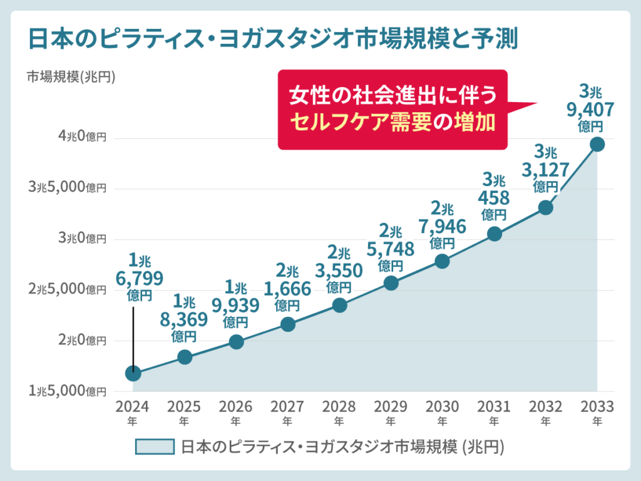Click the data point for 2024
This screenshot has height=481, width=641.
pos(133,373)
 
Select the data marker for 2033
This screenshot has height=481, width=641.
pos(597,145)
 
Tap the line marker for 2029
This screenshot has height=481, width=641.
pos(391,283)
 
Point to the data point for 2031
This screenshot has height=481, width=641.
pos(495,234)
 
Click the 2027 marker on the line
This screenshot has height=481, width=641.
pos(288,324)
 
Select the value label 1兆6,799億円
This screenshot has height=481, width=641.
pos(140,277)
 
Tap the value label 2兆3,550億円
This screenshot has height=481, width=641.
pos(339,270)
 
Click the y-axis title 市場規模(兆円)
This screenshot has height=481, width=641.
pos(71,77)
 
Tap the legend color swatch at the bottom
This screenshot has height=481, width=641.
pos(155,447)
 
